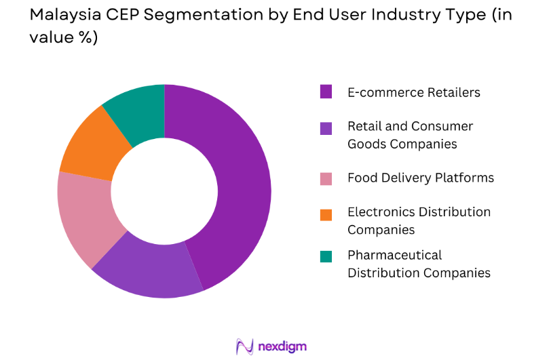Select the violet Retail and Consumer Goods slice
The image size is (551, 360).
point(146,271)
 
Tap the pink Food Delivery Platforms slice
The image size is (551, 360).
point(85,217)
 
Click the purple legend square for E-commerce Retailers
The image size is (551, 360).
point(326,92)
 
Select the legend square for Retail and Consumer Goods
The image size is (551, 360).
point(326,127)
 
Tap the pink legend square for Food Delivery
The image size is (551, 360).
point(326,179)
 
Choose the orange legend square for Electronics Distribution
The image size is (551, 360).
point(326,214)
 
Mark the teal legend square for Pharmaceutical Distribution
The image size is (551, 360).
point(326,256)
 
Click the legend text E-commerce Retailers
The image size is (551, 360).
point(413,92)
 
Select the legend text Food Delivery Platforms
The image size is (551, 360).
point(421,178)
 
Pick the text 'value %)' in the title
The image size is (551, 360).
point(64,39)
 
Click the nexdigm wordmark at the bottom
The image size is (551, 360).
point(283,346)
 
